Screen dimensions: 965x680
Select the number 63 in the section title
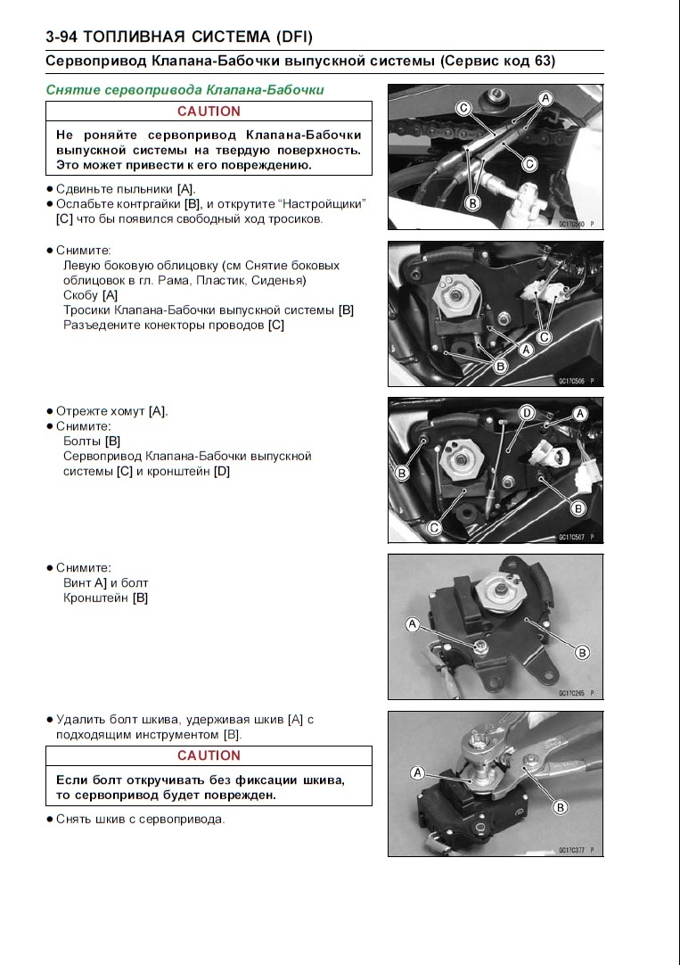pos(540,62)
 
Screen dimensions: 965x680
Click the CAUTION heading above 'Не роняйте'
pos(209,111)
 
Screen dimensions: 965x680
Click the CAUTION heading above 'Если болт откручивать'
pos(209,755)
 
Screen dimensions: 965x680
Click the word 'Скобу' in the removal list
pos(80,295)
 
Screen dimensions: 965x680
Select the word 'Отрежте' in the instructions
pos(80,411)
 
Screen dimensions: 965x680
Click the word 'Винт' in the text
pos(78,582)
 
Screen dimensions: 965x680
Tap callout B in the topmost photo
pos(473,203)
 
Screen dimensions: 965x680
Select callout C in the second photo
pos(545,337)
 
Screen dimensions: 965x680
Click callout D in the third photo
pos(527,412)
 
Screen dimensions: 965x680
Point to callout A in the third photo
pos(580,414)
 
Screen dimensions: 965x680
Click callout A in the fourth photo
pos(413,625)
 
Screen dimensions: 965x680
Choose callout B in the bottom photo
pos(561,807)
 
